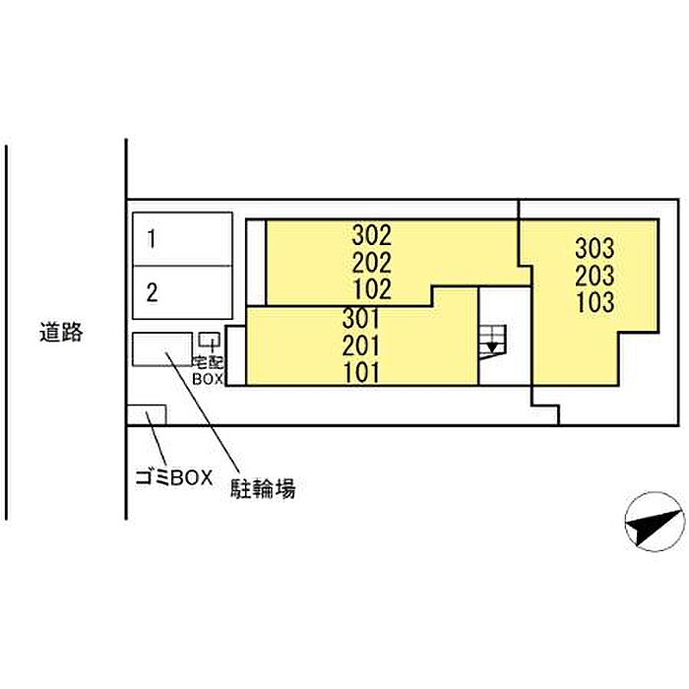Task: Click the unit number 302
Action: pyautogui.click(x=371, y=236)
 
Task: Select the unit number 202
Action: pyautogui.click(x=371, y=263)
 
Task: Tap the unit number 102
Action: pyautogui.click(x=371, y=289)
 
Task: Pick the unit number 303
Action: pyautogui.click(x=595, y=248)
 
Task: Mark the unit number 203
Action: pyautogui.click(x=595, y=275)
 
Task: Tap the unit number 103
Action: pyautogui.click(x=595, y=301)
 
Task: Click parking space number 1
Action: pyautogui.click(x=152, y=237)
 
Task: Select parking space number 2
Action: pyautogui.click(x=152, y=291)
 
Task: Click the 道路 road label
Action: pyautogui.click(x=61, y=333)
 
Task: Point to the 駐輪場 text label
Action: pyautogui.click(x=263, y=487)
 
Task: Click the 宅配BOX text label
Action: pyautogui.click(x=209, y=369)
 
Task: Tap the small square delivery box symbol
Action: pyautogui.click(x=208, y=340)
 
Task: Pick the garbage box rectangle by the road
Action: pyautogui.click(x=146, y=414)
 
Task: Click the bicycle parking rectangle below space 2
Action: pyautogui.click(x=162, y=349)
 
